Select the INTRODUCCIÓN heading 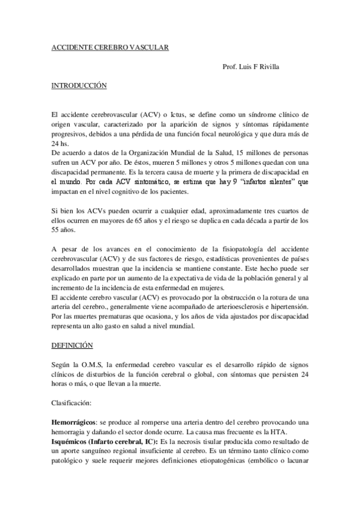[79, 86]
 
